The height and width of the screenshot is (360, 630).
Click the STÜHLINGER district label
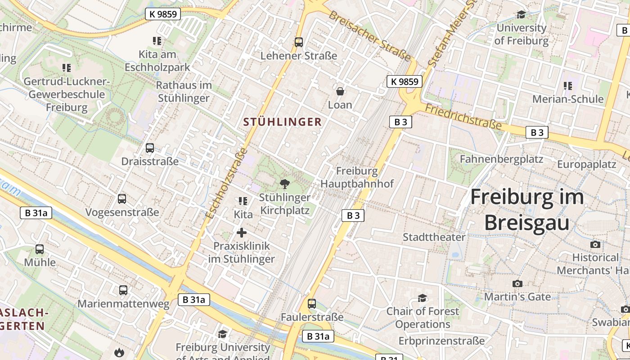(283, 122)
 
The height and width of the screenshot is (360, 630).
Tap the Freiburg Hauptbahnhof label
(357, 177)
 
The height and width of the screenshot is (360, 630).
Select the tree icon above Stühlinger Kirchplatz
(284, 184)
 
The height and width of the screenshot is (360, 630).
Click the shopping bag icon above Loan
(340, 91)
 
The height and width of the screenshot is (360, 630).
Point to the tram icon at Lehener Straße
(298, 42)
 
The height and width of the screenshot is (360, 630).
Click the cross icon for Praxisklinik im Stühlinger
(242, 233)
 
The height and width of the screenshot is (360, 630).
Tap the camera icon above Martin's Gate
(517, 283)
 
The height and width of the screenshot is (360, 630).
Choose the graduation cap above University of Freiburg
(521, 14)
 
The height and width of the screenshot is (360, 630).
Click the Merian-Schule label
(568, 99)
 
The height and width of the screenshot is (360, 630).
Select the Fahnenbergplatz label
(501, 159)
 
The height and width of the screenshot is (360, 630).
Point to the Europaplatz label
(586, 164)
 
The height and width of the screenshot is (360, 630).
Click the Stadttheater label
(434, 237)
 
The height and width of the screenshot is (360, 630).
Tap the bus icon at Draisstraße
(150, 148)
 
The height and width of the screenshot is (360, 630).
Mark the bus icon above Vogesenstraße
(121, 198)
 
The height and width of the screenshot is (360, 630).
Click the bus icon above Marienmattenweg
(123, 290)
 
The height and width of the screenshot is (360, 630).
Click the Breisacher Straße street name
(369, 36)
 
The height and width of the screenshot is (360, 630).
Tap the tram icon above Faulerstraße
(312, 304)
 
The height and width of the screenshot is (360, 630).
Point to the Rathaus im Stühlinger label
(184, 92)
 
